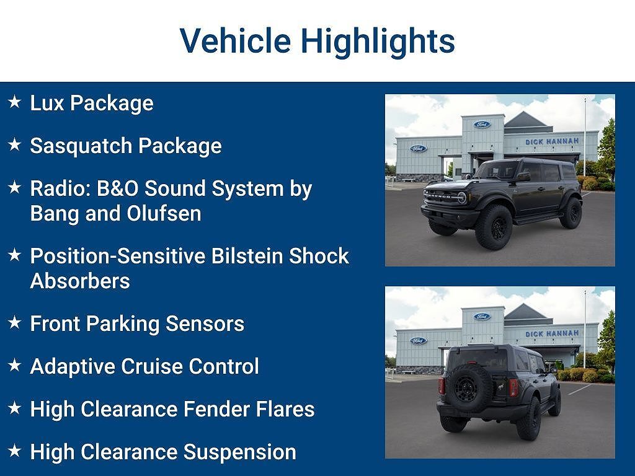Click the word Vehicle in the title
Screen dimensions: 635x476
[235, 41]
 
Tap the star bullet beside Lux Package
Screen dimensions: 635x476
[15, 102]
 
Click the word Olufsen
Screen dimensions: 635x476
[164, 214]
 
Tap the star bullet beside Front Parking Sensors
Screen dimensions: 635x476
[15, 322]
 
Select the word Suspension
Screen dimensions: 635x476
[240, 452]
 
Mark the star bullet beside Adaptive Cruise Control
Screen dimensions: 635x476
[15, 365]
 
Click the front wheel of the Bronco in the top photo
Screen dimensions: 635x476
[494, 227]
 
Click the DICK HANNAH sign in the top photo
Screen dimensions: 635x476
[552, 142]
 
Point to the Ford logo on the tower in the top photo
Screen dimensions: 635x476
[482, 125]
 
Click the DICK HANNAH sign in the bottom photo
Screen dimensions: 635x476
[552, 333]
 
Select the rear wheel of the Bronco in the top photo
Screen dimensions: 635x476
[571, 213]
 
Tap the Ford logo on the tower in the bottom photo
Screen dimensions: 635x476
[482, 317]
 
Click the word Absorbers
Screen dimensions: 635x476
[80, 281]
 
